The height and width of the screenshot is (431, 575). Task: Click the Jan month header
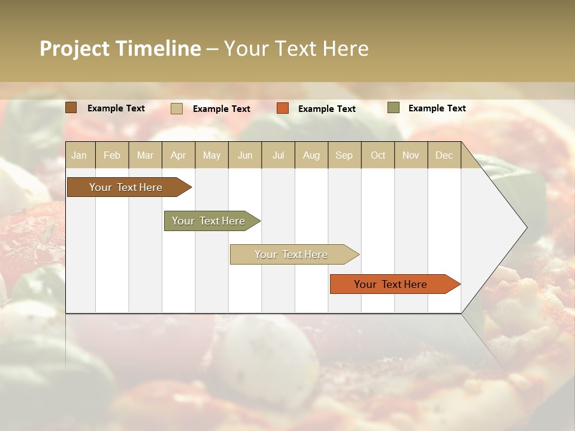tap(79, 155)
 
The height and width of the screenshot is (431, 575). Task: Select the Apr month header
tap(178, 155)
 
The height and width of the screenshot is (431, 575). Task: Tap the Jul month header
tap(278, 155)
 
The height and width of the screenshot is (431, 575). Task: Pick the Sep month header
tap(344, 155)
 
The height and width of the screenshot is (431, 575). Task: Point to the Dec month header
tap(444, 155)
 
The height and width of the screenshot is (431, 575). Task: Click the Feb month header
tap(112, 155)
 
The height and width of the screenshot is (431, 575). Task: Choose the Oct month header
tap(378, 155)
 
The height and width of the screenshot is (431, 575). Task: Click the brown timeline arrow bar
tap(126, 187)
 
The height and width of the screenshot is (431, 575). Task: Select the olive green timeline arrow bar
tap(208, 221)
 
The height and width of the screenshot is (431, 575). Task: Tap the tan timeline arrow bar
tap(291, 254)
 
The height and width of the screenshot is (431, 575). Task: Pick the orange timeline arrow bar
tap(391, 284)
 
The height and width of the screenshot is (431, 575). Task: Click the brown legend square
tap(71, 108)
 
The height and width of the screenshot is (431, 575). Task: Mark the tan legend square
tap(177, 108)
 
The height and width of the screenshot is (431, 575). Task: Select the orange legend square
tap(283, 108)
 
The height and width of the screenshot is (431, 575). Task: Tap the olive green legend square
tap(394, 108)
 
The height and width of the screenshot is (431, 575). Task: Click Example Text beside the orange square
tap(327, 109)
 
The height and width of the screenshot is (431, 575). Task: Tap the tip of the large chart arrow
tap(525, 227)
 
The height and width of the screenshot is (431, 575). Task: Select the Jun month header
tap(245, 155)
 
